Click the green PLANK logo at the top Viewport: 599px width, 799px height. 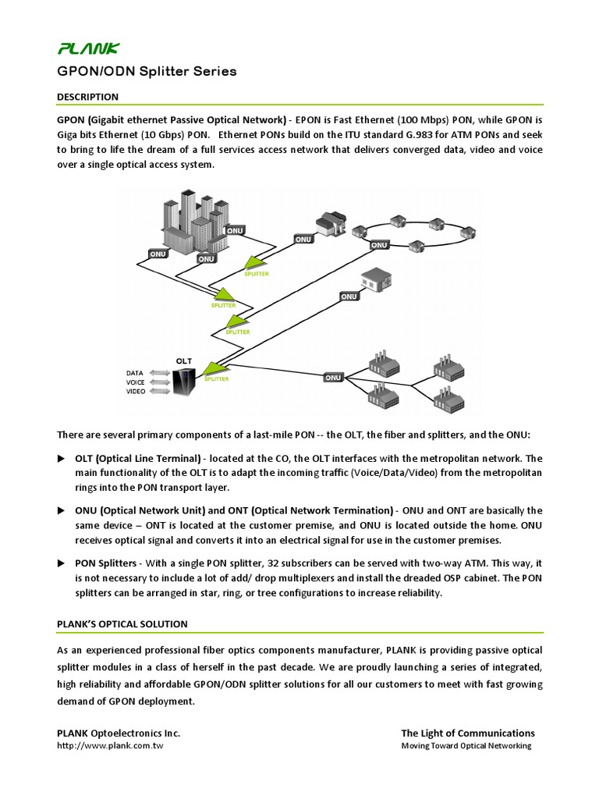[88, 49]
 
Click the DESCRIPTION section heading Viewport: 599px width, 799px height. [87, 97]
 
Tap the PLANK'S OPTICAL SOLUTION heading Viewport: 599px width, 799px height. [122, 623]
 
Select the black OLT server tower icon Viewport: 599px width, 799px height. [185, 382]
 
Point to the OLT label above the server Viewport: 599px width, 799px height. [184, 361]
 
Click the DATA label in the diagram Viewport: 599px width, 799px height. [136, 373]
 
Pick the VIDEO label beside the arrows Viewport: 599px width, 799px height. [136, 392]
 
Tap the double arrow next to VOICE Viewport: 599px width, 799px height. [159, 382]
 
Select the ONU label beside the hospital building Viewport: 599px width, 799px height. [349, 297]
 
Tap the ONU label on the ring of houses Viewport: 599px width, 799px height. [379, 245]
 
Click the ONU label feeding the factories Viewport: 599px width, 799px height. [333, 378]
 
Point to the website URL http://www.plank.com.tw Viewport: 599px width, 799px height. [110, 746]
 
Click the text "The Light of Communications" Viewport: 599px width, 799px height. [467, 733]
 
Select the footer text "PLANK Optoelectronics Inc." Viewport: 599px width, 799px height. [119, 733]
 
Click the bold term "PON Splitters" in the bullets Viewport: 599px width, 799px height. [106, 563]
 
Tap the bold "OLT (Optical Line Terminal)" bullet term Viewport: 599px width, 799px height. [138, 458]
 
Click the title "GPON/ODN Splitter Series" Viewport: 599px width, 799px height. [147, 72]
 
